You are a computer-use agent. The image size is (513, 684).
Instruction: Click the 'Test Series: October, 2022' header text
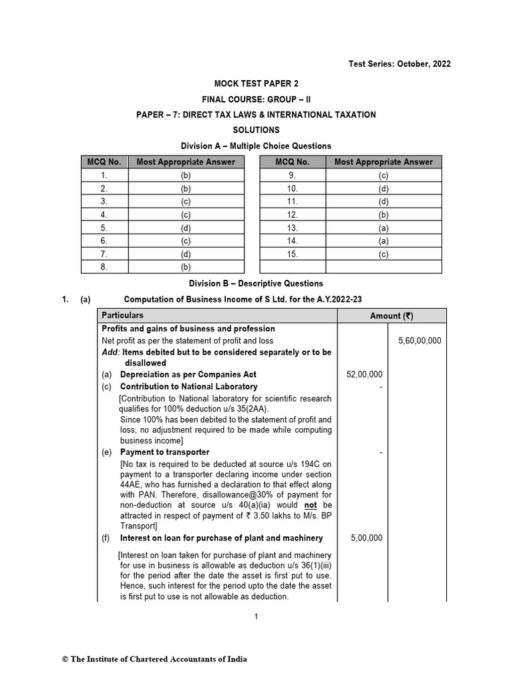coord(399,64)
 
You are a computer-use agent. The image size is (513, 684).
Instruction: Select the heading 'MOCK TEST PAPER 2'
coord(256,83)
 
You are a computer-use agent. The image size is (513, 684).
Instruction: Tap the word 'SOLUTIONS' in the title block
coord(256,130)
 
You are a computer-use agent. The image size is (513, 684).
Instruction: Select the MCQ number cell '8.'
coord(104,266)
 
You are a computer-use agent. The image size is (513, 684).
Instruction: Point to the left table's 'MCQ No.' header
coord(104,162)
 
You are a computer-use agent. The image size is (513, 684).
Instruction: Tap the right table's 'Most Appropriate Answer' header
coord(383,162)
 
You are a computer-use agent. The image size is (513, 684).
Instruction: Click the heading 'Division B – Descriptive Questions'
coord(256,283)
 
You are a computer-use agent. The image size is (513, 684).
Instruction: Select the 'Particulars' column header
coord(122,315)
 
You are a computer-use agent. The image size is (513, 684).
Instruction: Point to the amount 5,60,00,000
coord(419,341)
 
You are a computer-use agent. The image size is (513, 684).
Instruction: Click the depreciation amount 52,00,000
coord(364,375)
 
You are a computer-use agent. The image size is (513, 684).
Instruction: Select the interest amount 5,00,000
coord(367,538)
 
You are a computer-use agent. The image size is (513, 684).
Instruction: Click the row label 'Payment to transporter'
coord(164,452)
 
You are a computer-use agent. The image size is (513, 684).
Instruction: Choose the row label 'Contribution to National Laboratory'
coord(188,386)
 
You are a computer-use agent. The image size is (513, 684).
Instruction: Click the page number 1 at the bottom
coord(256,617)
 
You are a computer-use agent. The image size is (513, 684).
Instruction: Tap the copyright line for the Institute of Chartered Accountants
coord(154,659)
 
